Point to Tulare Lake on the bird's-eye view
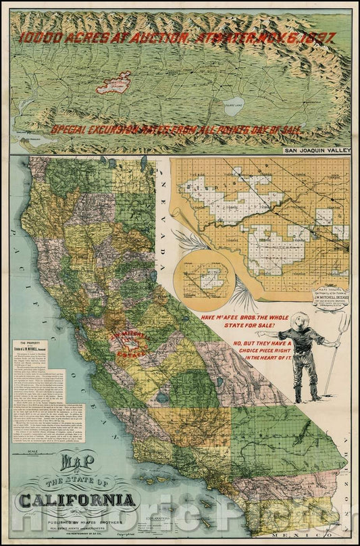tap(235, 105)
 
